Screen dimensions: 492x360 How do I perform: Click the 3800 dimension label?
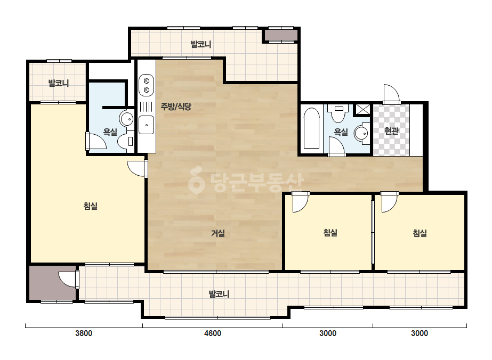point(84,333)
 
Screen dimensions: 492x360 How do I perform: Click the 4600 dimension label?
point(213,333)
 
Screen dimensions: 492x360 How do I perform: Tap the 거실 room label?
point(218,233)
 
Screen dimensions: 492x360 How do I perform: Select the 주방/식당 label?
point(176,107)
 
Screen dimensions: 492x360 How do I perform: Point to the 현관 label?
point(391,131)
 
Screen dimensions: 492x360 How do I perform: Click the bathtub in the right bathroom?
point(312,128)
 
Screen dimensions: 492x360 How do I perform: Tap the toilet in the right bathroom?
point(338,113)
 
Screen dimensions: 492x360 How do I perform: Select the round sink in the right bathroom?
point(362,133)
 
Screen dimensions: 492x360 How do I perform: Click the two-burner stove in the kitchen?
point(146,85)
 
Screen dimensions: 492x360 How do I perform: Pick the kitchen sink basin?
point(146,125)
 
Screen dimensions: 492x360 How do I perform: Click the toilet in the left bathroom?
point(126,142)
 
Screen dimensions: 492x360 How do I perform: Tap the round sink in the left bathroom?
point(126,119)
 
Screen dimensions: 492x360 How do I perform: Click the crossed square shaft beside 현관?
point(362,110)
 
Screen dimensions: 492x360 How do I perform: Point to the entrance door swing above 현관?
point(391,93)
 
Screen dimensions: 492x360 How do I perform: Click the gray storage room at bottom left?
point(53,283)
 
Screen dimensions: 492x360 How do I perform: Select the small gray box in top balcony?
point(281,35)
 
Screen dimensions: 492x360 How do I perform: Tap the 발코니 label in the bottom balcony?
point(219,294)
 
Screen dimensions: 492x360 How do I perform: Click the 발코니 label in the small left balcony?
point(58,83)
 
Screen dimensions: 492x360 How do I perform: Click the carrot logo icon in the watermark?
point(196,180)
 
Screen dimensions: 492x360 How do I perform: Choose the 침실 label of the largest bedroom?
point(91,206)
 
